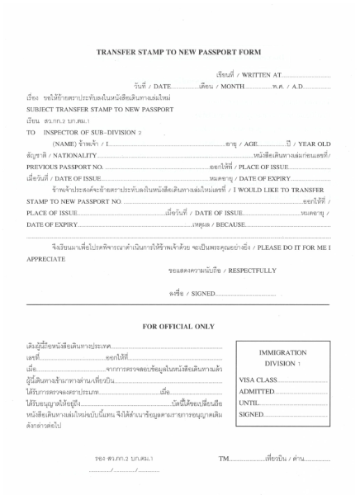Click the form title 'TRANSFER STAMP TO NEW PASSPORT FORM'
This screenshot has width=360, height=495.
click(x=180, y=51)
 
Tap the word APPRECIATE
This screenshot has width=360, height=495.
click(x=45, y=258)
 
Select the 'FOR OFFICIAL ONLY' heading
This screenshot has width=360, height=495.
click(x=180, y=327)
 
